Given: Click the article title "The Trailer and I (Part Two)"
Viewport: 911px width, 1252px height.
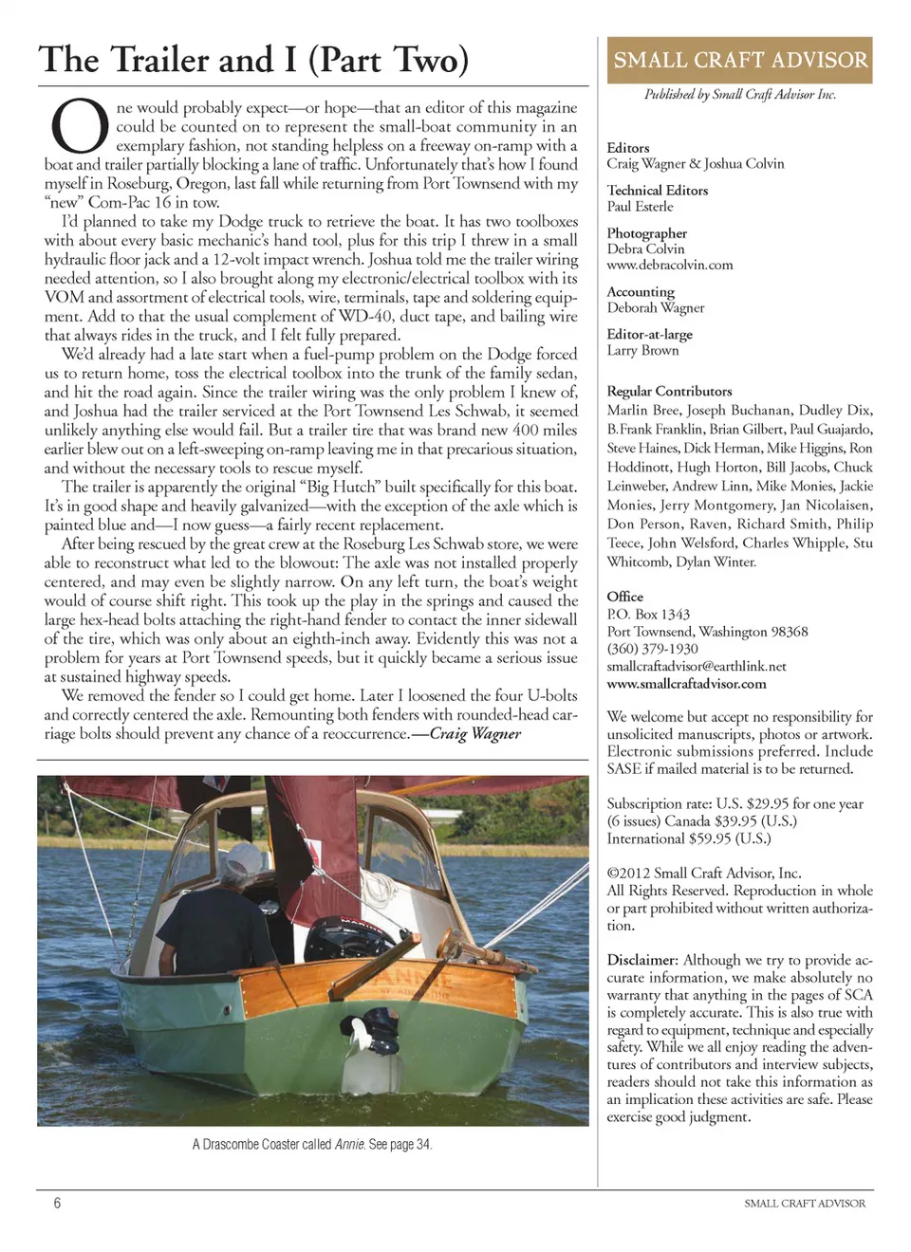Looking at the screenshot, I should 253,60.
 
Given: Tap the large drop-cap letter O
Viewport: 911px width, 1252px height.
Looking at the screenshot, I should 79,128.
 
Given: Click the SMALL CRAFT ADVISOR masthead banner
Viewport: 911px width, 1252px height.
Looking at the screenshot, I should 739,61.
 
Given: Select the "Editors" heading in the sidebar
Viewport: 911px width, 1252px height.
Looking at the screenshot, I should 628,148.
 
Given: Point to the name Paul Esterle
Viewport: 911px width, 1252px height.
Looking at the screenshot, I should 640,207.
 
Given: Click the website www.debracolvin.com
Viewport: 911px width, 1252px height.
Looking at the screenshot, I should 670,266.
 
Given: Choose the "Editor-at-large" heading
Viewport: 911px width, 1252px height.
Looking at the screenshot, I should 650,334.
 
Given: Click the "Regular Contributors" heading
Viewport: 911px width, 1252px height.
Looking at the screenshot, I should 669,391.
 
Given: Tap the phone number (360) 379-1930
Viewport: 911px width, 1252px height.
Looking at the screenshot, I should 652,649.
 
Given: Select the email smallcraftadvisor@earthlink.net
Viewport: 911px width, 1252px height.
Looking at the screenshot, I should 697,666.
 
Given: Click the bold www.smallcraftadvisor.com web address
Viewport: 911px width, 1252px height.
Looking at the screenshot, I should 686,684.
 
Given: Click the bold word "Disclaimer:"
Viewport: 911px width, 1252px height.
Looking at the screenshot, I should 642,960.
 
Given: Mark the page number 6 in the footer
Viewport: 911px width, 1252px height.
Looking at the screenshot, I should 57,1203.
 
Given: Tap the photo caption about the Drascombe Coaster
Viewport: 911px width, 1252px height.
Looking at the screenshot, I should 312,1144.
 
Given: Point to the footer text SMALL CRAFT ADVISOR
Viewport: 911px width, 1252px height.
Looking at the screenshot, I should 804,1203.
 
